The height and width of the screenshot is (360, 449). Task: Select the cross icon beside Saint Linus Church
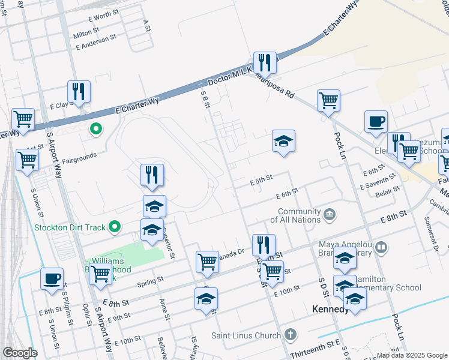291,334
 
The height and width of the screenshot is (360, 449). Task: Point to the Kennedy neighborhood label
331,310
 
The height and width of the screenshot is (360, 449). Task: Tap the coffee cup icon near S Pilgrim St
52,279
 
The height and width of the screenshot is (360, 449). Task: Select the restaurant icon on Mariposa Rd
264,63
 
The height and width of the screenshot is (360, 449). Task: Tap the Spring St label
150,281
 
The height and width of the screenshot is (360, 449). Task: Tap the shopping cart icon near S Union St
28,161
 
